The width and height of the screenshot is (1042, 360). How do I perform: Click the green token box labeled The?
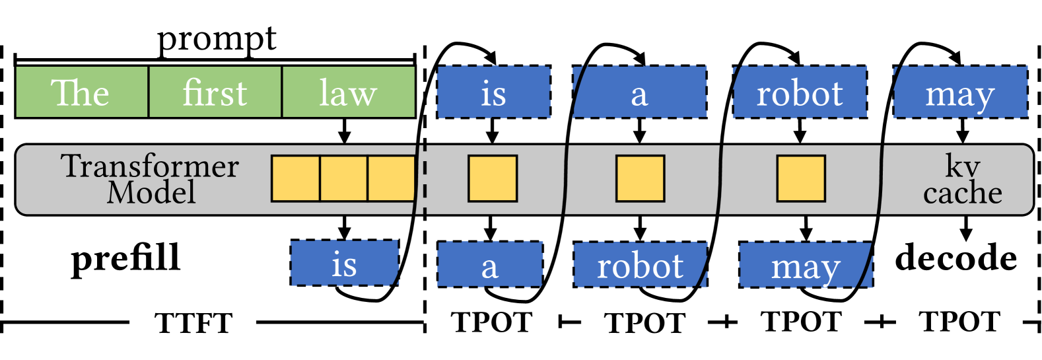81,92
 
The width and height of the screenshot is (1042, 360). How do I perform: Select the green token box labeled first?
215,92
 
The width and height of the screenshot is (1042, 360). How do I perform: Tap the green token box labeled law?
349,92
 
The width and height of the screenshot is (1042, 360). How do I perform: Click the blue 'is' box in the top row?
494,92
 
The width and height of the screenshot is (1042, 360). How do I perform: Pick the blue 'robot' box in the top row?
800,92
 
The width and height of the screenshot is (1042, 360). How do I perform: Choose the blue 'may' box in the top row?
960,92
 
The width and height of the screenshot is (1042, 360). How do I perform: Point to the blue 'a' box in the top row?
640,92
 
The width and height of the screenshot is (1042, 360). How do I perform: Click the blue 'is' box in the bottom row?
345,264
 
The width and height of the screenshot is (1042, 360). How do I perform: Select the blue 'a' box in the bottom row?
490,264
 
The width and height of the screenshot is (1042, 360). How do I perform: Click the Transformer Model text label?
150,179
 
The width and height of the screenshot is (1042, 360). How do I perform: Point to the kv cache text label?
962,179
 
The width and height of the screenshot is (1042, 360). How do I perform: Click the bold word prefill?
126,259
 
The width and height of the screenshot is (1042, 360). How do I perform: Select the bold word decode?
955,258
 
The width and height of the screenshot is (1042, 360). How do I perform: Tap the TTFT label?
193,324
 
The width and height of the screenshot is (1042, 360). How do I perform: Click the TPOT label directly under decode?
959,322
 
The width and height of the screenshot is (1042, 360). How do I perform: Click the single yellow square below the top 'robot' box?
801,178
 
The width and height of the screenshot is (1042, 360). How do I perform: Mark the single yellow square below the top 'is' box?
493,178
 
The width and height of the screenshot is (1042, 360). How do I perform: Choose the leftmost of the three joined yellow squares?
296,178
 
